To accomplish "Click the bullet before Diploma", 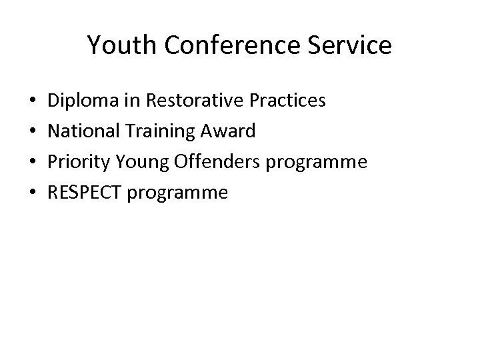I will click(x=33, y=101).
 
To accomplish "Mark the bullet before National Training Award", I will click(x=33, y=132).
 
